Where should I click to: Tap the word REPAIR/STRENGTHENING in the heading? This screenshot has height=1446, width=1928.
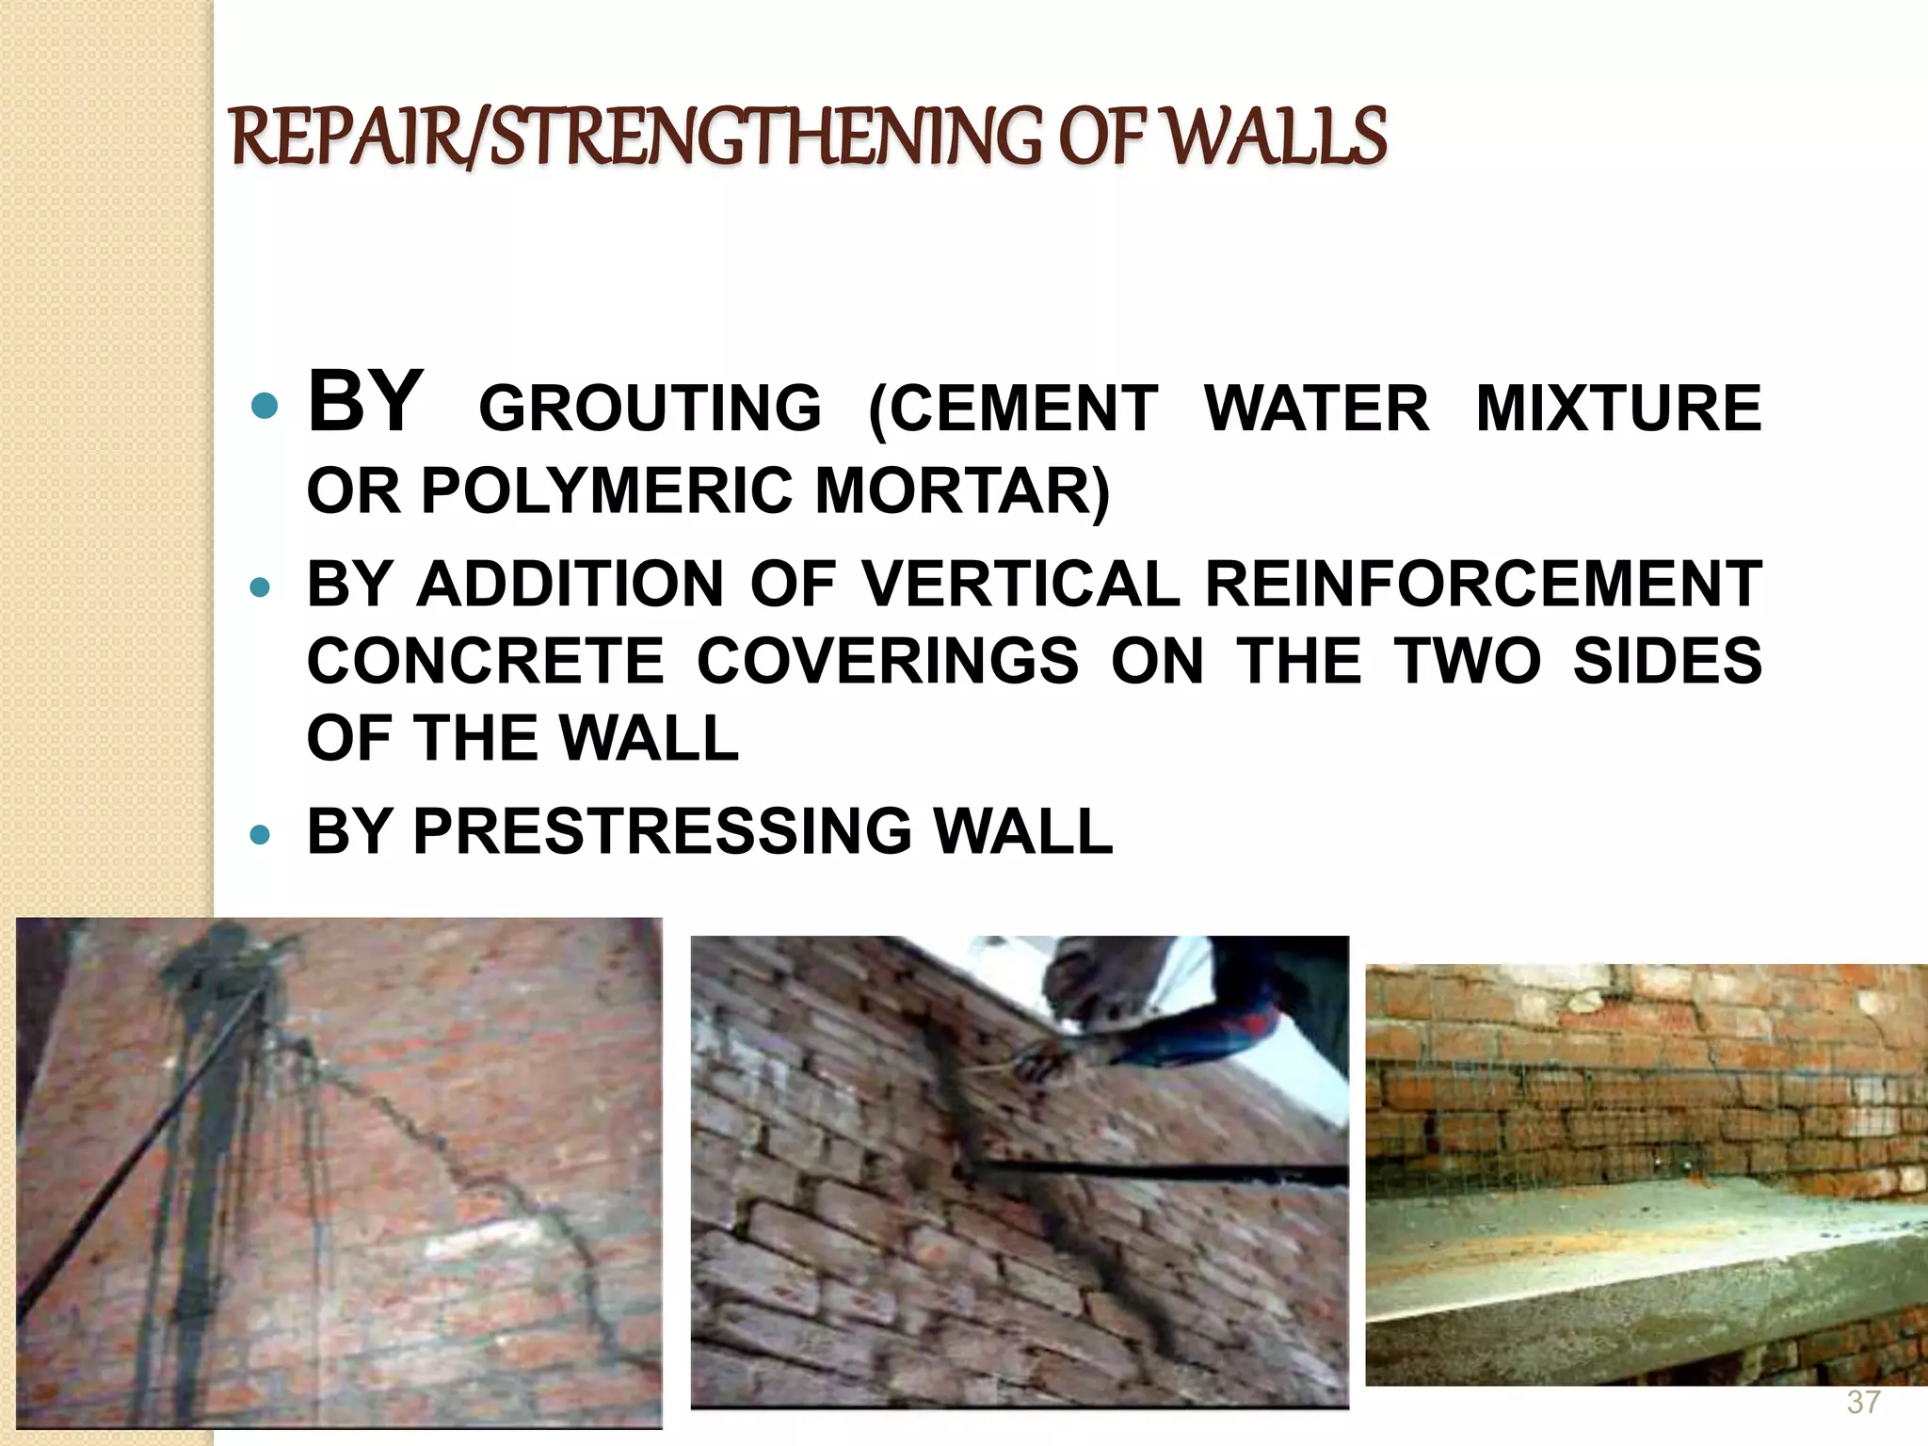(635, 137)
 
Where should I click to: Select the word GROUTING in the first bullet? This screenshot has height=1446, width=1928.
(651, 409)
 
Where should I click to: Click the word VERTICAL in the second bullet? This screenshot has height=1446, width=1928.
(1020, 584)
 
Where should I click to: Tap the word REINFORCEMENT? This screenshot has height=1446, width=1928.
(1483, 584)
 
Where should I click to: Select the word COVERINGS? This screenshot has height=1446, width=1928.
(888, 660)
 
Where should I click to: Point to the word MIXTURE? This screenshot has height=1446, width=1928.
(1618, 409)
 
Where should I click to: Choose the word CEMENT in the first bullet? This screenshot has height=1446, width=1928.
(1012, 409)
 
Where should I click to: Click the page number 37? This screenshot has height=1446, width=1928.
(1863, 1402)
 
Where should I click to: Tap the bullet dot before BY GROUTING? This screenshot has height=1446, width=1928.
(265, 408)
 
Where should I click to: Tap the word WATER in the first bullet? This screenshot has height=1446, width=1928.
(1316, 409)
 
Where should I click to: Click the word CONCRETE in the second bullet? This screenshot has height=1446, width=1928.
(486, 660)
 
